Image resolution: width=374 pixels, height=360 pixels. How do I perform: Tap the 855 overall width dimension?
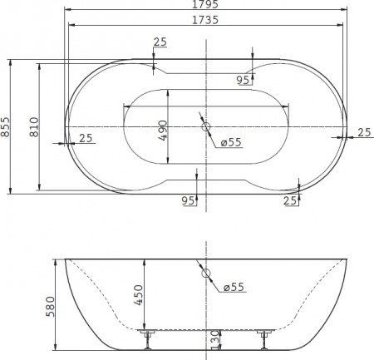click(6, 126)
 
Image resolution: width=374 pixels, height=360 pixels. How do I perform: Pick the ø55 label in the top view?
click(232, 142)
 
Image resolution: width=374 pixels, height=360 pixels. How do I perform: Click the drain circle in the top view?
click(206, 128)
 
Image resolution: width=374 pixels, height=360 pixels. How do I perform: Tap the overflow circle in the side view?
click(207, 274)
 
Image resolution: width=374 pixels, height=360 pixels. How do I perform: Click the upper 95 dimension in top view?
click(243, 80)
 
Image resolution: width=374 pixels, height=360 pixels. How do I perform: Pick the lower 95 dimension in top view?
click(187, 200)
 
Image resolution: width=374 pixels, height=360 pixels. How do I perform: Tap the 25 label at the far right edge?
click(362, 132)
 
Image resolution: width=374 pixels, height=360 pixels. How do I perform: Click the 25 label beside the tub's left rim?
click(86, 138)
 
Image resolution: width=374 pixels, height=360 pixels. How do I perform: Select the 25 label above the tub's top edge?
click(160, 42)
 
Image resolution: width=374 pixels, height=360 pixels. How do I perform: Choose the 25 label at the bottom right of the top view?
click(290, 200)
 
